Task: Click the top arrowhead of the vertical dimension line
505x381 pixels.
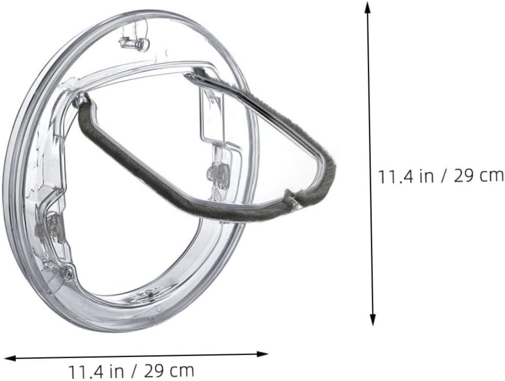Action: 367,6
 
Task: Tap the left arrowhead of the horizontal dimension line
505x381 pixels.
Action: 9,358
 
